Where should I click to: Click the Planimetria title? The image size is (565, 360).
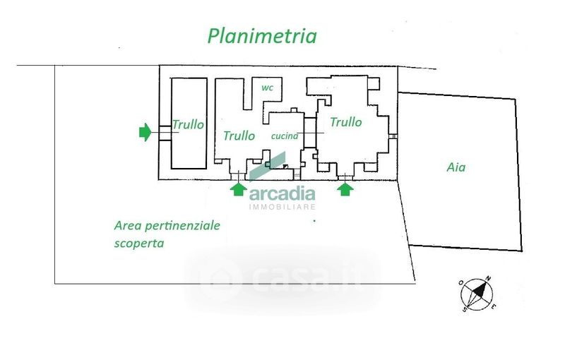[262, 36]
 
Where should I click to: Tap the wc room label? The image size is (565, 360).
[268, 88]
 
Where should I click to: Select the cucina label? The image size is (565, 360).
[285, 136]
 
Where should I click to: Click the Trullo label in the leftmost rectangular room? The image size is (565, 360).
[188, 124]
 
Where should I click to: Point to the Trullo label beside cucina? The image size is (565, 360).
[239, 136]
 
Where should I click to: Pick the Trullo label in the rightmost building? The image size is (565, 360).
[346, 122]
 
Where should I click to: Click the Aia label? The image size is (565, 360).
[456, 167]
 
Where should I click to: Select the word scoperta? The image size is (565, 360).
[139, 243]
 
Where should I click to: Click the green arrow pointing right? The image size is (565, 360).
[145, 132]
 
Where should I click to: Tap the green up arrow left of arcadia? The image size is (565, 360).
[238, 189]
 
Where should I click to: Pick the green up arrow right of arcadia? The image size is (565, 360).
[345, 189]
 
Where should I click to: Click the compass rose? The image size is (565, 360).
[477, 294]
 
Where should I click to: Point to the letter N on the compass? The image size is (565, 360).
[488, 278]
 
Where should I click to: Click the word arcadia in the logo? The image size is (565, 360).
[282, 194]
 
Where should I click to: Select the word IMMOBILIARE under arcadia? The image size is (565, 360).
[282, 207]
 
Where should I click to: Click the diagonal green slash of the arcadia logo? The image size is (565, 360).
[268, 167]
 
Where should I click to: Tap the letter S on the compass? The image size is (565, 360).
[465, 309]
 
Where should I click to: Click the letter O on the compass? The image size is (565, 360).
[461, 282]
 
